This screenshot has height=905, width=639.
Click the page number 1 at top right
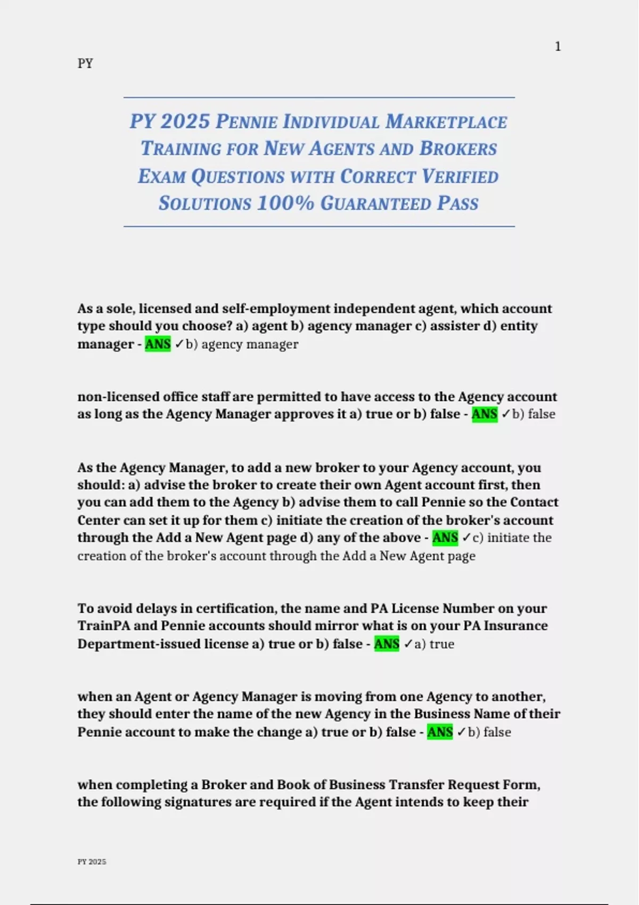[x=558, y=47]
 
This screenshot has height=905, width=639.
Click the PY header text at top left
[x=85, y=63]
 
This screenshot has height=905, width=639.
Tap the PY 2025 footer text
[x=92, y=861]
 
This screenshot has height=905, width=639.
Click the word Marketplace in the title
[x=446, y=122]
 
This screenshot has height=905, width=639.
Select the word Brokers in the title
[x=458, y=149]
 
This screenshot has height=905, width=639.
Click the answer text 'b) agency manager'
[x=242, y=344]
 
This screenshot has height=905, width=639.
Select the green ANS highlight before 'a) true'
[x=387, y=644]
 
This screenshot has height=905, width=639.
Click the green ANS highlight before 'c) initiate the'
[x=445, y=538]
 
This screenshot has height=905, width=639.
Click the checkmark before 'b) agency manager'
[x=179, y=344]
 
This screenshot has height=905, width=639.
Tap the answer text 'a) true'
[x=434, y=644]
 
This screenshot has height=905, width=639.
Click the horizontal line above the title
[x=319, y=97]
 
